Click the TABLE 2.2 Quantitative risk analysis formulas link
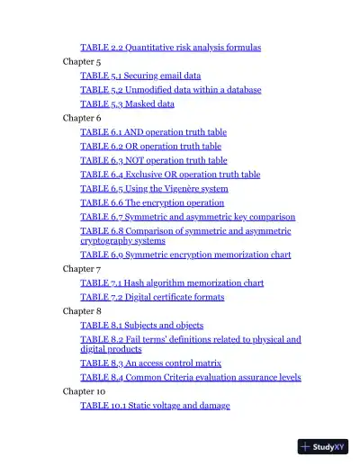[170, 47]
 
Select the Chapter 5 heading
[82, 61]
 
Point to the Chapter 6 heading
[82, 118]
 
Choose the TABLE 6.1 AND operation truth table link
[162, 131]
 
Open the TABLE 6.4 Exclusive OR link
[170, 175]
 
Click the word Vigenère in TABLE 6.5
[184, 189]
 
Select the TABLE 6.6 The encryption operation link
[152, 202]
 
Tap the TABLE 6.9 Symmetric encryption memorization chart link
[185, 255]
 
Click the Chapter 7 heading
[82, 268]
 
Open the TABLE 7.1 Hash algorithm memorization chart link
[172, 282]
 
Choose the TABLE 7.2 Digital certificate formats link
[152, 297]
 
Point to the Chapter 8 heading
[82, 310]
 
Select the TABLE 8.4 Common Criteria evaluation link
[190, 378]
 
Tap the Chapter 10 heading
[84, 391]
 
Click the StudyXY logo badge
[322, 446]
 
